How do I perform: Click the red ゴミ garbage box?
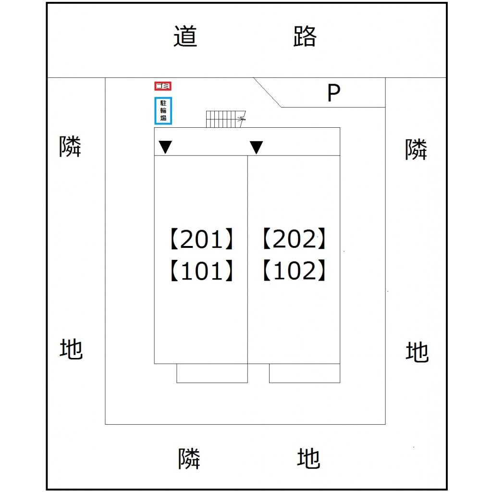[163, 86]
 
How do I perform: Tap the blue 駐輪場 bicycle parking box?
[163, 111]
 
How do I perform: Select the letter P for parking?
[333, 93]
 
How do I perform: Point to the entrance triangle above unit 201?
[165, 147]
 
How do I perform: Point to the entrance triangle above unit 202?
[257, 147]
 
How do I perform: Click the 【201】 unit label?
[201, 239]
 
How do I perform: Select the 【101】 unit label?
[201, 271]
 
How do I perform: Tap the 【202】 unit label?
[295, 239]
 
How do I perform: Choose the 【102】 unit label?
[295, 271]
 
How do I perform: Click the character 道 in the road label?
[185, 37]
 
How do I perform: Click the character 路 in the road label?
[305, 36]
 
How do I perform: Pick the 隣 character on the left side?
[71, 146]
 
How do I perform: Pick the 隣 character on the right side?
[416, 149]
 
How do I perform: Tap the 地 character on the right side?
[417, 352]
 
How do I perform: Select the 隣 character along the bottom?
[189, 458]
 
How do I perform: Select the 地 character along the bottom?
[308, 458]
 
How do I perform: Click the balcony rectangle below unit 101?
[212, 373]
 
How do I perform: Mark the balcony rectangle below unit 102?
[305, 373]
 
